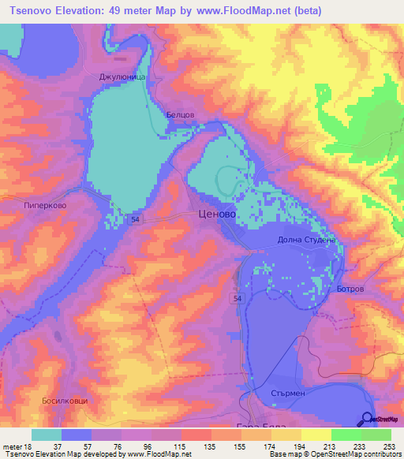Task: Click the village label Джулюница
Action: click(x=118, y=77)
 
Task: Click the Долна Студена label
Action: click(x=307, y=240)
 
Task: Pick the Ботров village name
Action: click(x=350, y=289)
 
